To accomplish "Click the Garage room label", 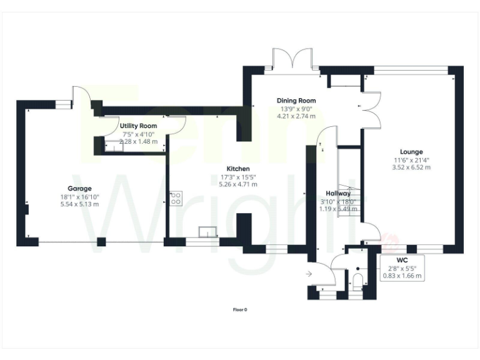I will pos(79,188).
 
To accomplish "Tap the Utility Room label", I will pos(138,126).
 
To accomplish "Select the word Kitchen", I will pos(238,169).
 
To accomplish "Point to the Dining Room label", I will pos(297,101).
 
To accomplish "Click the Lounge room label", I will pos(411,151).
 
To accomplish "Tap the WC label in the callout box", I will pos(402,259).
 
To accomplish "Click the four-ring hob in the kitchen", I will pos(176,199).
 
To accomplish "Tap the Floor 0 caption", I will pos(240,309).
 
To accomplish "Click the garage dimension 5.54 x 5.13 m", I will pos(79,204).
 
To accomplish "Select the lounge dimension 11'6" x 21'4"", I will pos(411,159).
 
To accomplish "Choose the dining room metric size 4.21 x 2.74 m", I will pos(297,116).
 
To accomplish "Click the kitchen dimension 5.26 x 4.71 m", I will pos(238,184).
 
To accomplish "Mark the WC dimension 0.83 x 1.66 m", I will pos(402,275).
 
